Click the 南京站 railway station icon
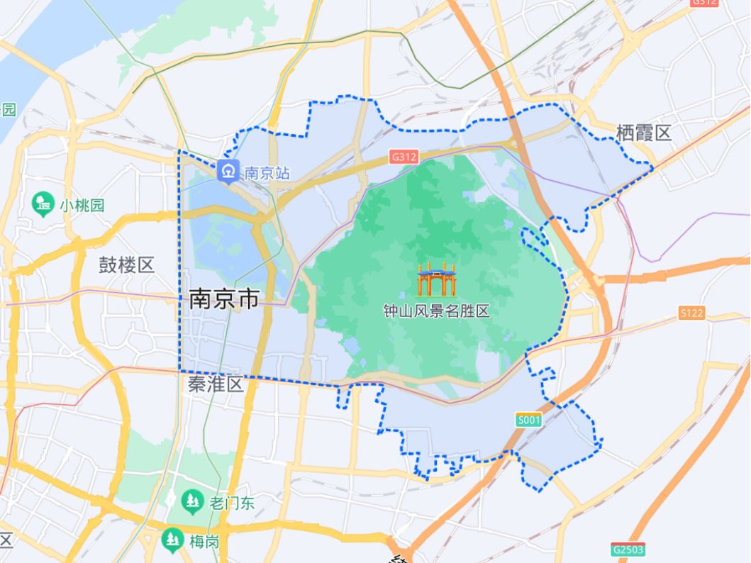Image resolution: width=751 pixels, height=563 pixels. (x=228, y=172)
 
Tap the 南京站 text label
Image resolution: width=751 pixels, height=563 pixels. (x=267, y=172)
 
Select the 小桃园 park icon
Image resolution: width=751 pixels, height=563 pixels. (x=44, y=205)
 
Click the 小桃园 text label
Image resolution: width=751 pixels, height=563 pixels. (x=82, y=206)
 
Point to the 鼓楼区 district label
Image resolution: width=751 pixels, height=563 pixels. (x=126, y=265)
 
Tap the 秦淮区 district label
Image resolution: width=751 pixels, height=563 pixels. (x=216, y=385)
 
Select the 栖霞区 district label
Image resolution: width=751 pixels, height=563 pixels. (x=643, y=133)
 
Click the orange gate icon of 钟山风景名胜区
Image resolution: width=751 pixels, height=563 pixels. (x=436, y=279)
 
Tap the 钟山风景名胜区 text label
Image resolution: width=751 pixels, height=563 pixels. (x=436, y=311)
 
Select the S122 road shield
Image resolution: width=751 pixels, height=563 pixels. (x=691, y=313)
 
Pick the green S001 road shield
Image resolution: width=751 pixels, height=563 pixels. (x=528, y=420)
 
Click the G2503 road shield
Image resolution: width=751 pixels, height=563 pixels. (x=628, y=550)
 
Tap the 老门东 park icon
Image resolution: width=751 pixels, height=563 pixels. (x=191, y=502)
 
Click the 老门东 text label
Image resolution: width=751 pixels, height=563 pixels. (x=231, y=503)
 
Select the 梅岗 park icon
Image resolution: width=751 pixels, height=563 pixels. (x=172, y=540)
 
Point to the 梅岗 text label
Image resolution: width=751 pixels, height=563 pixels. (x=205, y=542)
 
